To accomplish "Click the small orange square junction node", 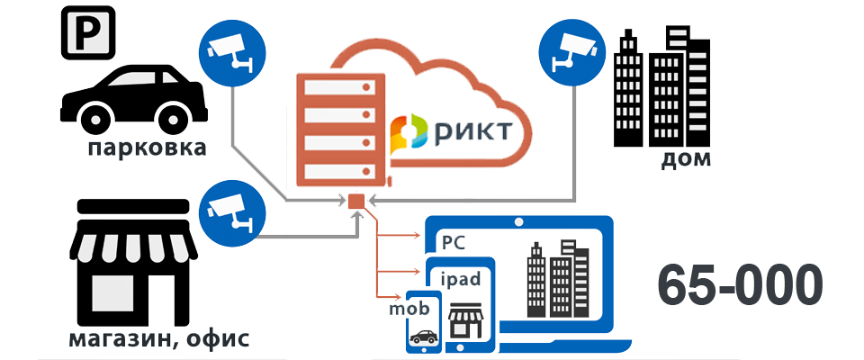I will pyautogui.click(x=355, y=201).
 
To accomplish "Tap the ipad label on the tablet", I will pyautogui.click(x=466, y=278).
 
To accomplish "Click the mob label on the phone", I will pyautogui.click(x=407, y=309).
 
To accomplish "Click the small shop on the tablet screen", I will pyautogui.click(x=467, y=319).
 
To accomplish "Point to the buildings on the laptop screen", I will pyautogui.click(x=551, y=279).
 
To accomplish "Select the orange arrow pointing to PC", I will pyautogui.click(x=400, y=237).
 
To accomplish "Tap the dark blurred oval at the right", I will pyautogui.click(x=739, y=284).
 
